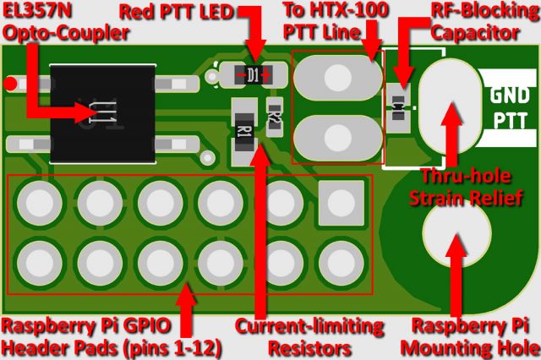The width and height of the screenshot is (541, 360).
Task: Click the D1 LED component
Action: pos(253,74)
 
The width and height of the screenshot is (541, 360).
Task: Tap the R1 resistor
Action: pos(244,131)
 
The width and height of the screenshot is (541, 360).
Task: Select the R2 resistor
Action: pos(275,117)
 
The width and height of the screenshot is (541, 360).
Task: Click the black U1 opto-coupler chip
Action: pos(103,113)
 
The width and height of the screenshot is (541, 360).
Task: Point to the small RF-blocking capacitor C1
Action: pos(398,108)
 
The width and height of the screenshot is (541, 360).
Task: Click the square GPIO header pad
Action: pos(342,203)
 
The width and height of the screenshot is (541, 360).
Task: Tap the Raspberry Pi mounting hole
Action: pos(456,234)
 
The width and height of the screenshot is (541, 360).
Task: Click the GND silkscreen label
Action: pos(509,95)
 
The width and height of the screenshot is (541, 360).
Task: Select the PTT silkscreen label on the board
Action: pos(511,121)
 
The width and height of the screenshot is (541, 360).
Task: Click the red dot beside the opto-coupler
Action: pos(10,84)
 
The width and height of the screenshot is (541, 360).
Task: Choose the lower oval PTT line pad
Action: pos(338,138)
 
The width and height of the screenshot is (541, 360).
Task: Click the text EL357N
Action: pos(37,10)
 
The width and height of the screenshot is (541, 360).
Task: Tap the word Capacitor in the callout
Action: pos(475,33)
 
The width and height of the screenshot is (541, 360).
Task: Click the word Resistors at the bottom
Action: pos(310,349)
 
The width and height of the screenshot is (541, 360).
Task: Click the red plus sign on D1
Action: pos(266,74)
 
